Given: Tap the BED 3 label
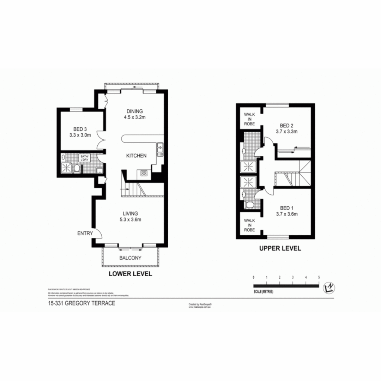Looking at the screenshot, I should [x=80, y=129].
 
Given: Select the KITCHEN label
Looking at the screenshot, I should [x=137, y=156].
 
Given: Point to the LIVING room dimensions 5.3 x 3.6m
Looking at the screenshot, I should [x=130, y=220].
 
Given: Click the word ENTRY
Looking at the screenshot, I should [x=85, y=233].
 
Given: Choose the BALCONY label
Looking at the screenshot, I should [x=130, y=258].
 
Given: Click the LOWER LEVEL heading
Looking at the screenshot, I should [x=130, y=274].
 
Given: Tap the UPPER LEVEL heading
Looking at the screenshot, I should [x=280, y=248].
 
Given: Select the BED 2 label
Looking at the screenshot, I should [x=286, y=126].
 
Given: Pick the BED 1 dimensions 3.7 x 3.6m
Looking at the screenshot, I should [x=286, y=214].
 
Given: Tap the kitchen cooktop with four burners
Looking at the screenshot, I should [x=144, y=173].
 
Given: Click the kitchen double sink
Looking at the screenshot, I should [x=160, y=149].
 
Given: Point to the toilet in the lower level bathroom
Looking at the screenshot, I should [x=77, y=170].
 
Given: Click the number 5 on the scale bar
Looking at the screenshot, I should [x=319, y=277].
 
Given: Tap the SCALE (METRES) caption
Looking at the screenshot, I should [x=263, y=292].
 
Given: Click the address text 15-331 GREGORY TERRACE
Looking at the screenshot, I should [x=81, y=303].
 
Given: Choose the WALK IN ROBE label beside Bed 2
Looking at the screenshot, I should [x=250, y=119].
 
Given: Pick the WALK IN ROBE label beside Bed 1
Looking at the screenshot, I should [x=250, y=225].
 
